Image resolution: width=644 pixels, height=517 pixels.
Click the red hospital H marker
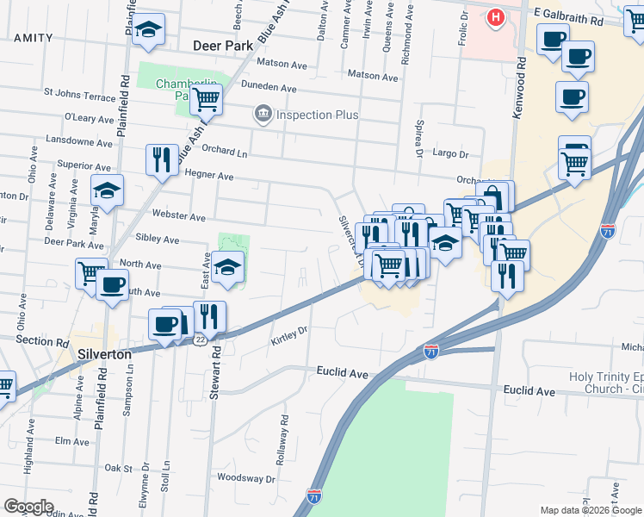pyautogui.click(x=496, y=17)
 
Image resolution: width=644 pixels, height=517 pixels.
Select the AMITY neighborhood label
pyautogui.click(x=33, y=38)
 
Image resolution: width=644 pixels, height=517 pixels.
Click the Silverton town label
pyautogui.click(x=104, y=354)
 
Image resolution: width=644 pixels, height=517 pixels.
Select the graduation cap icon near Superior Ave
pyautogui.click(x=108, y=190)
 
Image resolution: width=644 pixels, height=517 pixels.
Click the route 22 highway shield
pyautogui.click(x=200, y=339)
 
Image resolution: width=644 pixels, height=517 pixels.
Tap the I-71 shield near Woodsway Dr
pyautogui.click(x=314, y=496)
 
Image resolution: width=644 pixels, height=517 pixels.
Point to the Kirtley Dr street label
pyautogui.click(x=290, y=336)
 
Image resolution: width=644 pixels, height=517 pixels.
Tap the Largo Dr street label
pyautogui.click(x=451, y=155)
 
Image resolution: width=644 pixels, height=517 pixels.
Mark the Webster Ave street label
pyautogui.click(x=178, y=216)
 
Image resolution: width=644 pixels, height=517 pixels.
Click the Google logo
pyautogui.click(x=28, y=506)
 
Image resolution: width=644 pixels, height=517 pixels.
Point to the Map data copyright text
pyautogui.click(x=590, y=510)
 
